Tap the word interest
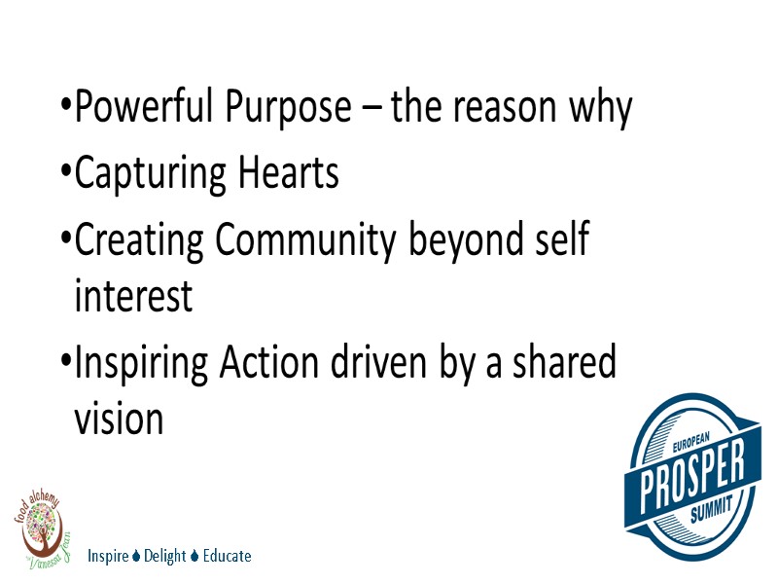coord(133,297)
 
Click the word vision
coord(119,419)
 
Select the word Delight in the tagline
coord(164,557)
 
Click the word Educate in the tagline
coord(227,557)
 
